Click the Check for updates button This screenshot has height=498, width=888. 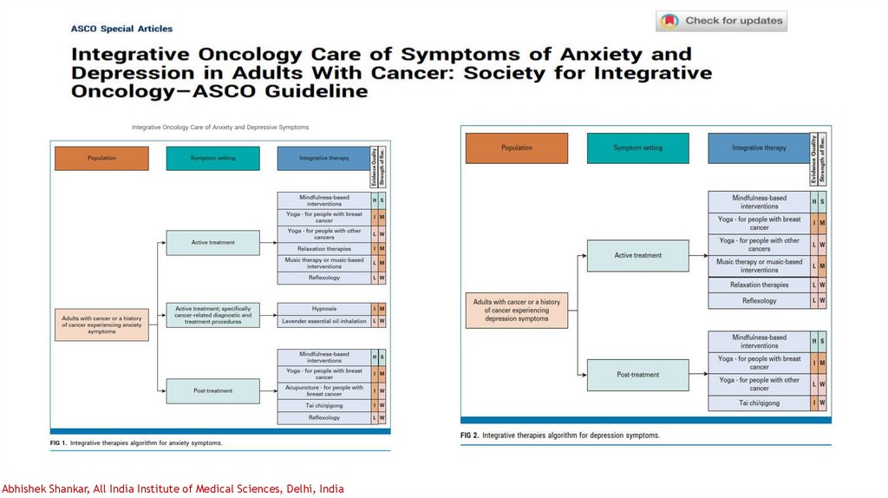coord(721,21)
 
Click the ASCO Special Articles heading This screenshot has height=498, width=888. coord(121,29)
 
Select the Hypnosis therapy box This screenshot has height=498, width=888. coord(323,309)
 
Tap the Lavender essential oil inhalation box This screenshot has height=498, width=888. coord(323,321)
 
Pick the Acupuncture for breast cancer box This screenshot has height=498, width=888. coord(323,390)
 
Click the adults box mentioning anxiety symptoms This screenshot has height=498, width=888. coord(101,324)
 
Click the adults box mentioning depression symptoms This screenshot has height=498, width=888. coord(517,310)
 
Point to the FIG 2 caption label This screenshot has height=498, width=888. coord(469,435)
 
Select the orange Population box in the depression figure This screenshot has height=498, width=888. coord(517,147)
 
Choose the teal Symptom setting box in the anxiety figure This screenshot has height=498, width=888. coord(212,158)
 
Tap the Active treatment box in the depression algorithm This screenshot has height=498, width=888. coord(637,255)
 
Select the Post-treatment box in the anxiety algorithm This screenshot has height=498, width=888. coord(212,390)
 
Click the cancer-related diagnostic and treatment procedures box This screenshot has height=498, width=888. coord(212,314)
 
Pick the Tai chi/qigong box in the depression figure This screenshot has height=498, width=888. coord(759,403)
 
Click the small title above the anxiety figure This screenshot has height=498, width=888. coord(220,128)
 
